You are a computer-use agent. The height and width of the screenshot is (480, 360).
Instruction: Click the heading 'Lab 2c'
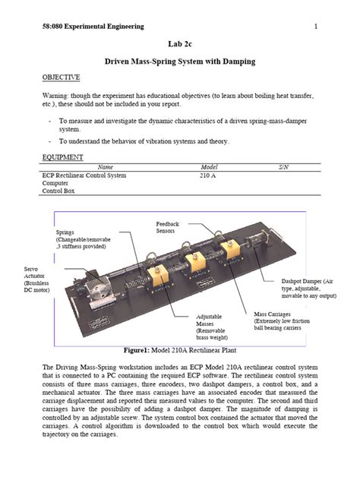click(180, 46)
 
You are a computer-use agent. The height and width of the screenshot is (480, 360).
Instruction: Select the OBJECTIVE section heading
click(61, 77)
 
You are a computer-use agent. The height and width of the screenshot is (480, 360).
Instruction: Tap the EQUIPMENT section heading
click(62, 157)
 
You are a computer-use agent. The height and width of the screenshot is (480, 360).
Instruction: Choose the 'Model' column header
click(210, 167)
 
